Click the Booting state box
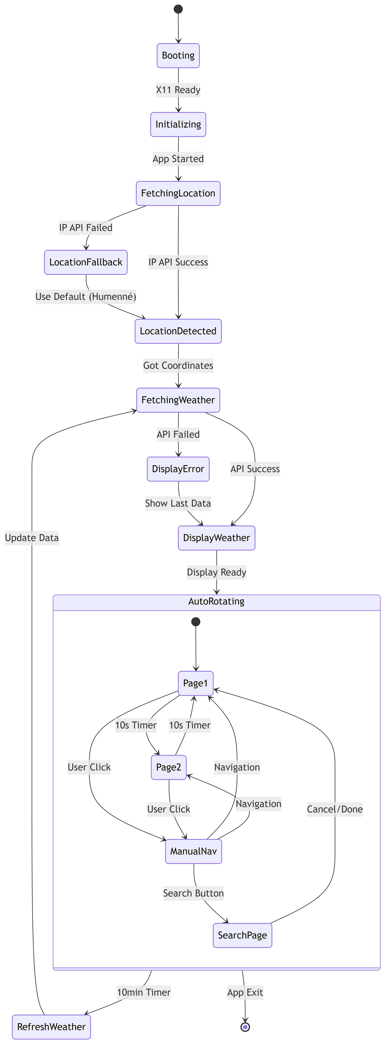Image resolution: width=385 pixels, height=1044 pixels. point(178,55)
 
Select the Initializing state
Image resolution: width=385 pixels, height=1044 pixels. point(178,124)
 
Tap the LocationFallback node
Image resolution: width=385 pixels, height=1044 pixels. point(86,262)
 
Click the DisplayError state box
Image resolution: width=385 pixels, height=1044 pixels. point(178,469)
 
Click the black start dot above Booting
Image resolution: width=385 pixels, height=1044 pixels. point(178,9)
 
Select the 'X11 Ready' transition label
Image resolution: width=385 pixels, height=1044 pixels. point(178,90)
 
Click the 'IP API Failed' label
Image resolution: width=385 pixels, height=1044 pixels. point(86,228)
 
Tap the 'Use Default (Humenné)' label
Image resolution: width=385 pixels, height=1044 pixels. point(86,297)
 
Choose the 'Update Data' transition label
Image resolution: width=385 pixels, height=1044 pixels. point(32,538)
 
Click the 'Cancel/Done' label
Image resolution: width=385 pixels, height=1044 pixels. point(335,809)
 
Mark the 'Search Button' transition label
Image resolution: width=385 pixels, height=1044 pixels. point(194,893)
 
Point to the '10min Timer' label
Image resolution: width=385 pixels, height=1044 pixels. point(144,992)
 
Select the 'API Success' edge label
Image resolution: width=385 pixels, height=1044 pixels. point(255,469)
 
